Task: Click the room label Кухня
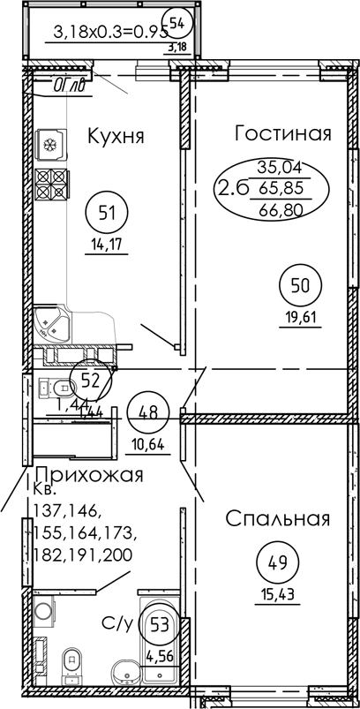115,136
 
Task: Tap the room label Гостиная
282,133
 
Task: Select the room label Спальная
277,518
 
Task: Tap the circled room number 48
147,411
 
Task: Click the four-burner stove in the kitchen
51,183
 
